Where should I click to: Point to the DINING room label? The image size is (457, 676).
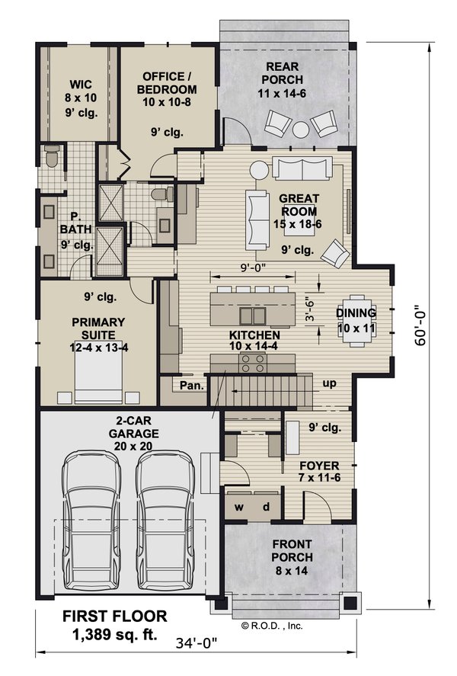[356, 313]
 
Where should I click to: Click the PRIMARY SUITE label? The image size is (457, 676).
[98, 328]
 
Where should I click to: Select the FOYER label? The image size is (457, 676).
[318, 466]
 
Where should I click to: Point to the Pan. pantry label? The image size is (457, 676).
[190, 386]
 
